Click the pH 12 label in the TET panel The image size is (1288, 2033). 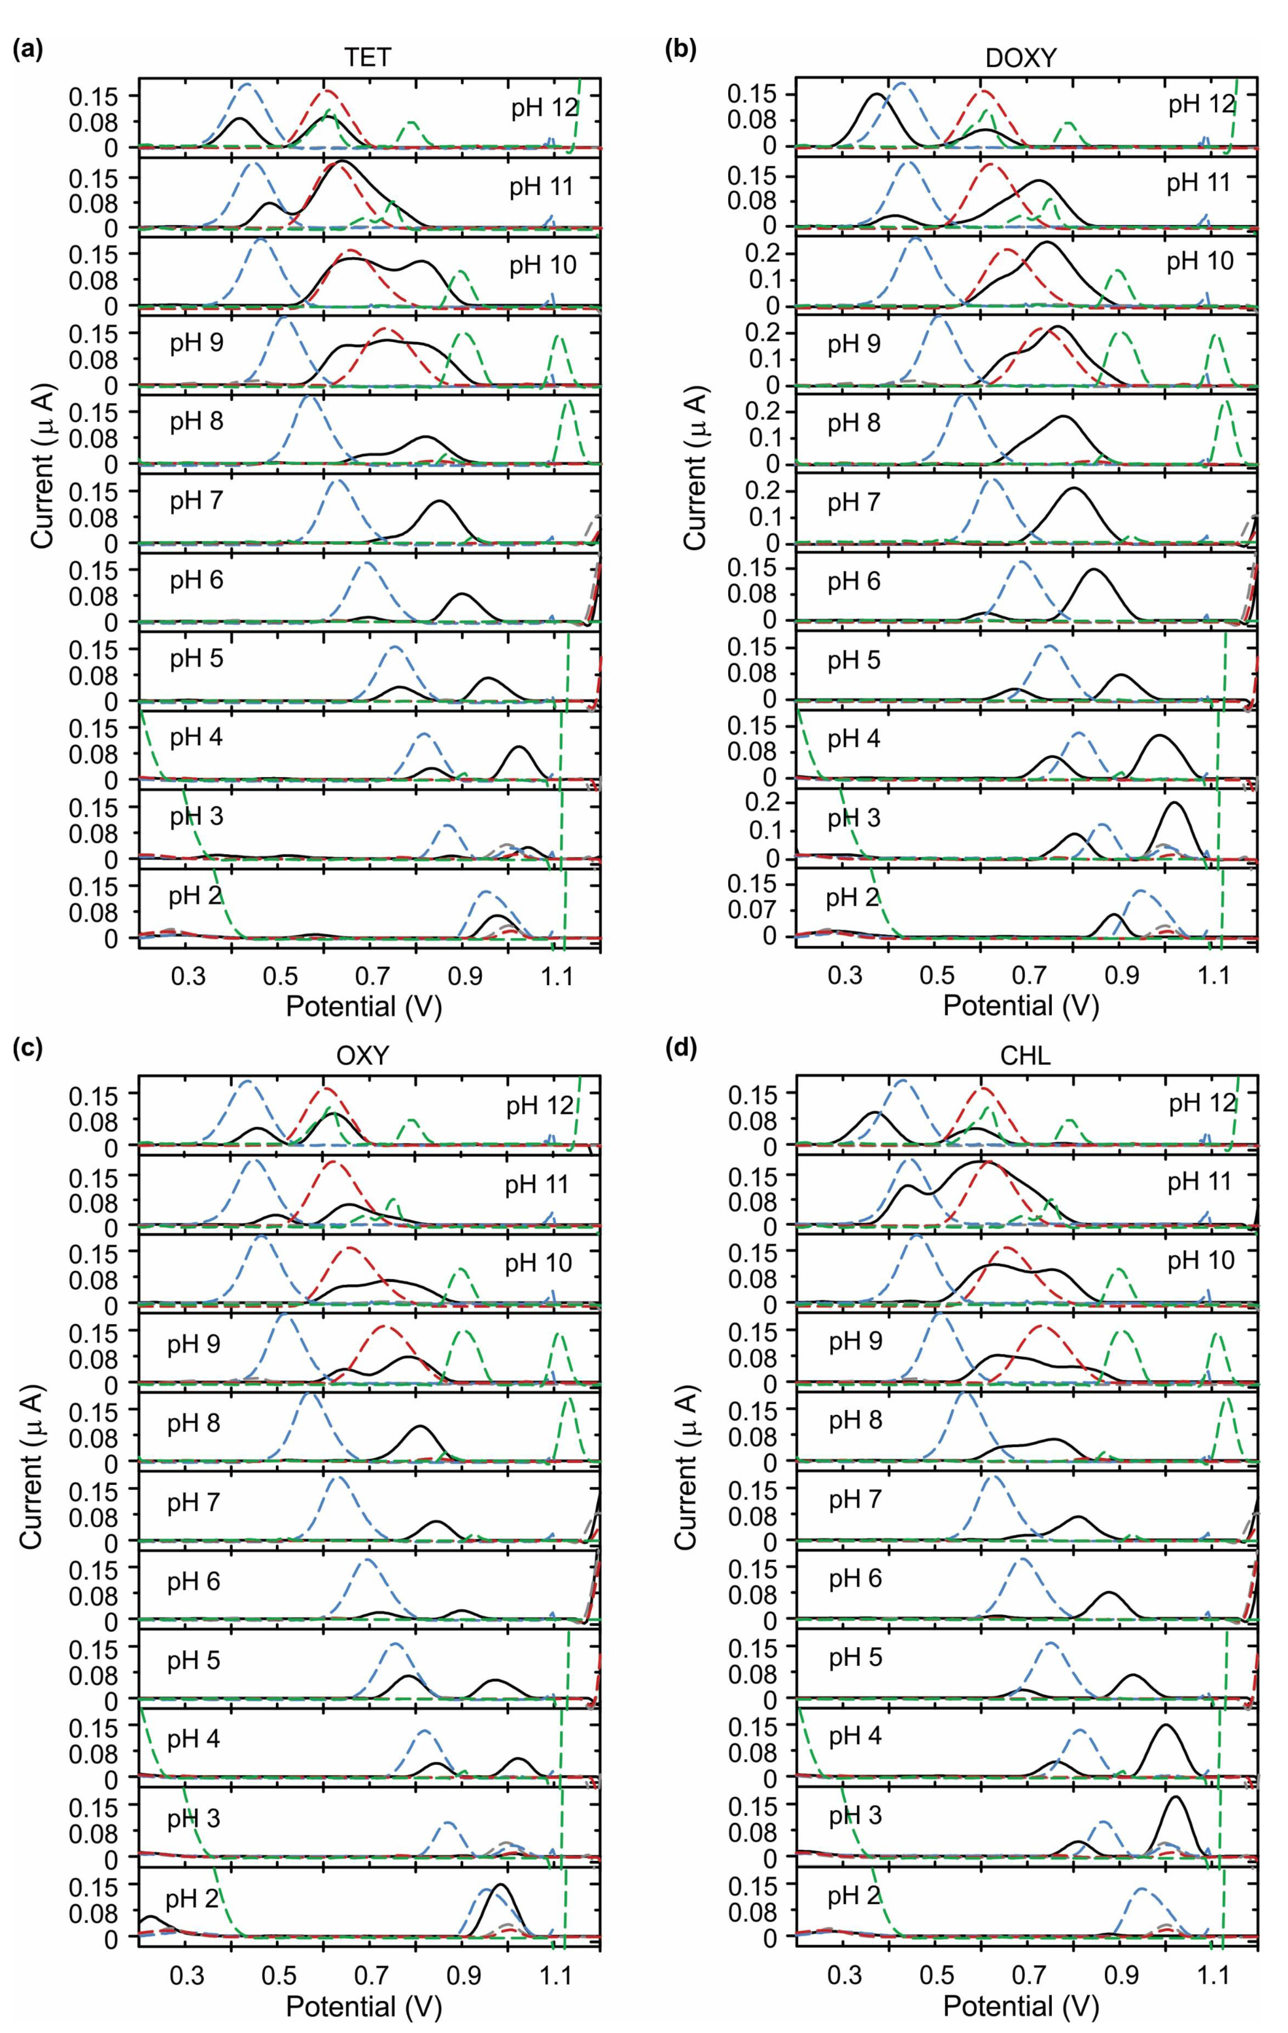tap(544, 109)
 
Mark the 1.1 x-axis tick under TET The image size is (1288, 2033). tap(556, 977)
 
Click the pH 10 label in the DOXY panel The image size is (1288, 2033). tap(1200, 261)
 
